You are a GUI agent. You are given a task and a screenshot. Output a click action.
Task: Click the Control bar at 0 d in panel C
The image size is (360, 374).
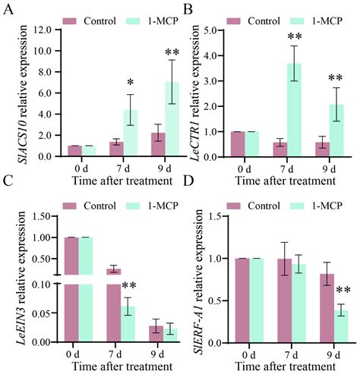coord(71,288)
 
